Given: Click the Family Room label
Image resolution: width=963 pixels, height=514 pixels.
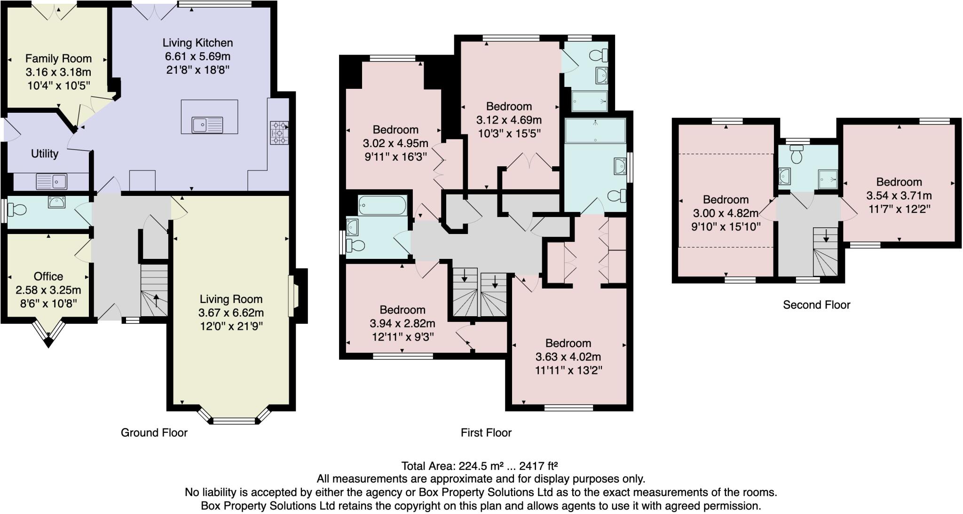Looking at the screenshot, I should coord(58,59).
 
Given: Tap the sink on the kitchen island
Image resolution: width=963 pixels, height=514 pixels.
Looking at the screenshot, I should coord(207,125).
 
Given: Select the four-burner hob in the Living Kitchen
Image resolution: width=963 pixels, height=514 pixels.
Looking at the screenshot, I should coord(279,133).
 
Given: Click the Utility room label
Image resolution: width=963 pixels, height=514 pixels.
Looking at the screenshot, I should coord(45,154).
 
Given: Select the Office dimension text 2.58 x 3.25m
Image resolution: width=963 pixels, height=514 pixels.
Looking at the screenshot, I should coord(48,290).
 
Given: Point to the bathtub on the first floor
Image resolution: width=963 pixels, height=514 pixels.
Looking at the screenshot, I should coord(382,205).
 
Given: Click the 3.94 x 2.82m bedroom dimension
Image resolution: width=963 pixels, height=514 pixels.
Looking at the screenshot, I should coord(402,323).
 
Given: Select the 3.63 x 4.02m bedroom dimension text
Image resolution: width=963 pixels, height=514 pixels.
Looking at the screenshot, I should coord(568,357).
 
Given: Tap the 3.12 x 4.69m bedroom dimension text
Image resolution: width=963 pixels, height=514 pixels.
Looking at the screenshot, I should coord(509,120).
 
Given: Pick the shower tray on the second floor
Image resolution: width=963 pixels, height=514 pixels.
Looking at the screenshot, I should coord(828,179).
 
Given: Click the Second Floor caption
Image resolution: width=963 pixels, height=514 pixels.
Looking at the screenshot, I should coord(816,305).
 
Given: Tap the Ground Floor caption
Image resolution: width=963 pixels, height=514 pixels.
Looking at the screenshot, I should coord(154,433).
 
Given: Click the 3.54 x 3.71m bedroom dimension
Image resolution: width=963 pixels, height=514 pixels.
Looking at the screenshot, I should coord(899,195).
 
